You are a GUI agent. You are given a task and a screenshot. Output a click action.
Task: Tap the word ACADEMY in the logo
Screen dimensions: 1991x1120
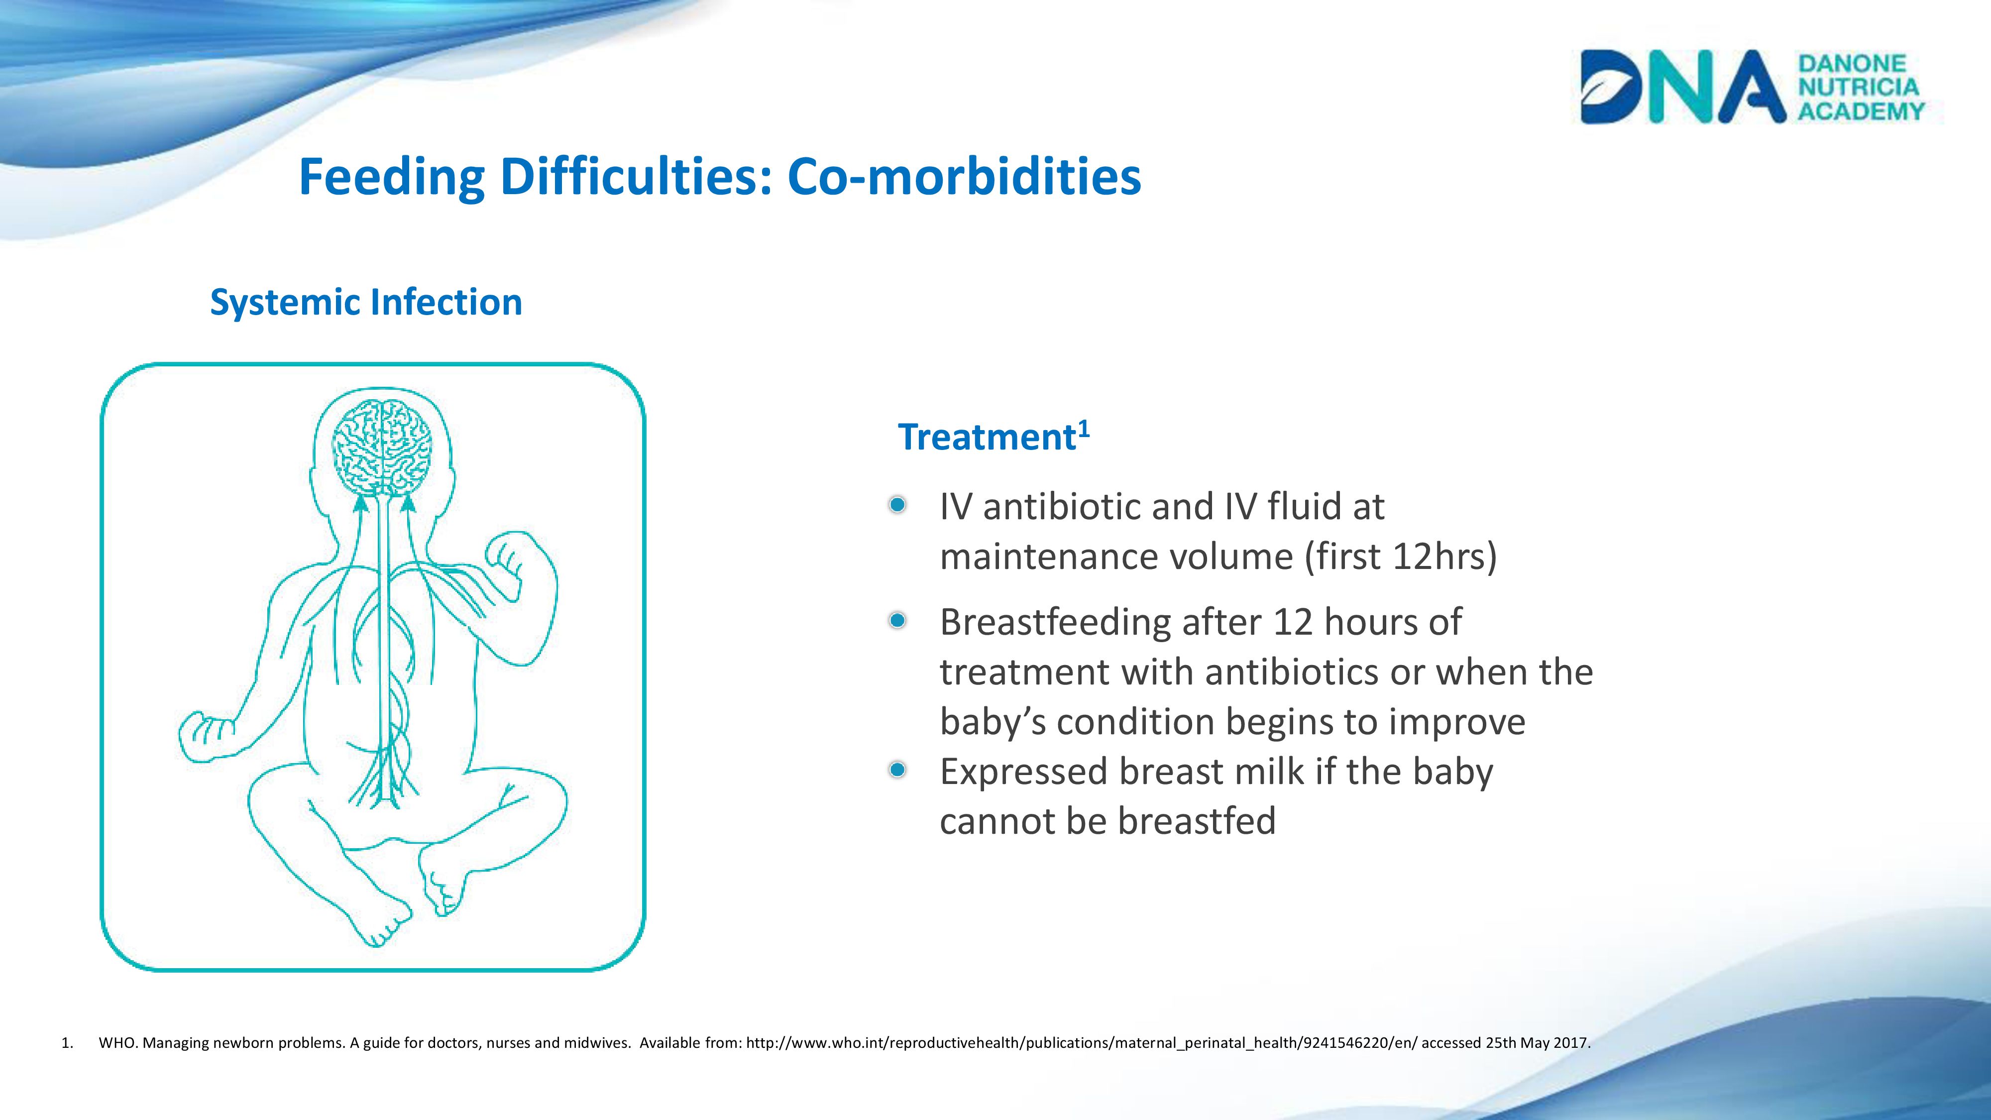pos(1861,111)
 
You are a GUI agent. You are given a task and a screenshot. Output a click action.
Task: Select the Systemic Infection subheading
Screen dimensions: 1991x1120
pos(366,302)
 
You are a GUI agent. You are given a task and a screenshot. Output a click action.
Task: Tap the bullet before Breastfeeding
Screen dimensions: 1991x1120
pos(897,621)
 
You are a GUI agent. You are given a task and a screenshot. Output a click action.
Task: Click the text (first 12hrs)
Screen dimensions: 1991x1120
pos(1401,557)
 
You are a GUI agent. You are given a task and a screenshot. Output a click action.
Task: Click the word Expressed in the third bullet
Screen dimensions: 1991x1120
pos(1024,772)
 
